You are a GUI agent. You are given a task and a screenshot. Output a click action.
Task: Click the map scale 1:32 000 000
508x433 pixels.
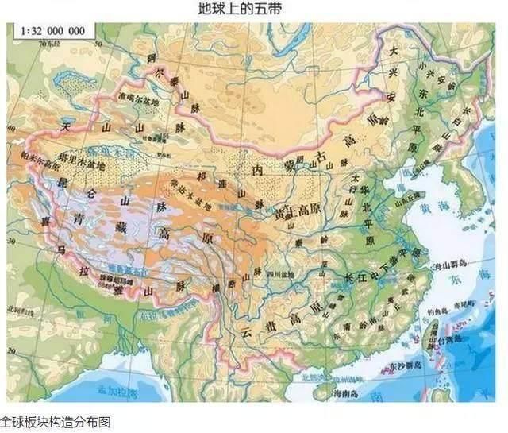click(52, 32)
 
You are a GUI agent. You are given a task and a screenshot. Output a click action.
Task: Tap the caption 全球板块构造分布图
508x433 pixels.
click(56, 422)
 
